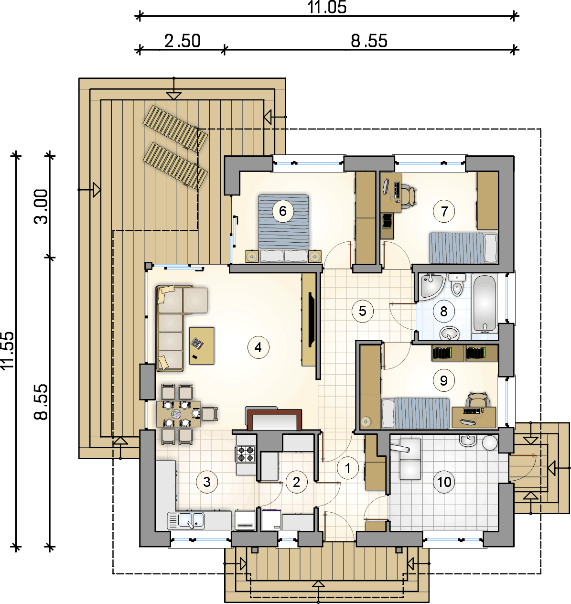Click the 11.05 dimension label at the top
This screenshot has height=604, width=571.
[327, 7]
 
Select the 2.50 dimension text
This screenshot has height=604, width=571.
[182, 41]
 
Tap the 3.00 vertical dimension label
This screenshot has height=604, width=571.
[41, 206]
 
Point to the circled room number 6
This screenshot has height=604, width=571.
[283, 211]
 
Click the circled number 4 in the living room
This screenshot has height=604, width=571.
[258, 347]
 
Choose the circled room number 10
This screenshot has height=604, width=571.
[444, 482]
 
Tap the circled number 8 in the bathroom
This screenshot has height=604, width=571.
[443, 311]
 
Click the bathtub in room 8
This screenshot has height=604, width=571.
[484, 304]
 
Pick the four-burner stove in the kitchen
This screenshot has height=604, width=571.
[246, 454]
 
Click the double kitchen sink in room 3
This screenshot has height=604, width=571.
[186, 520]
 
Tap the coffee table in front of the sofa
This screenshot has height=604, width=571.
[202, 345]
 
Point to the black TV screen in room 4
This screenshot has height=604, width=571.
[312, 320]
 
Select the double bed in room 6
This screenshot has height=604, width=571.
[283, 228]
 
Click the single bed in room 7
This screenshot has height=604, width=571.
[463, 248]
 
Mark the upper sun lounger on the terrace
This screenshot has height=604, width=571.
[175, 129]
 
